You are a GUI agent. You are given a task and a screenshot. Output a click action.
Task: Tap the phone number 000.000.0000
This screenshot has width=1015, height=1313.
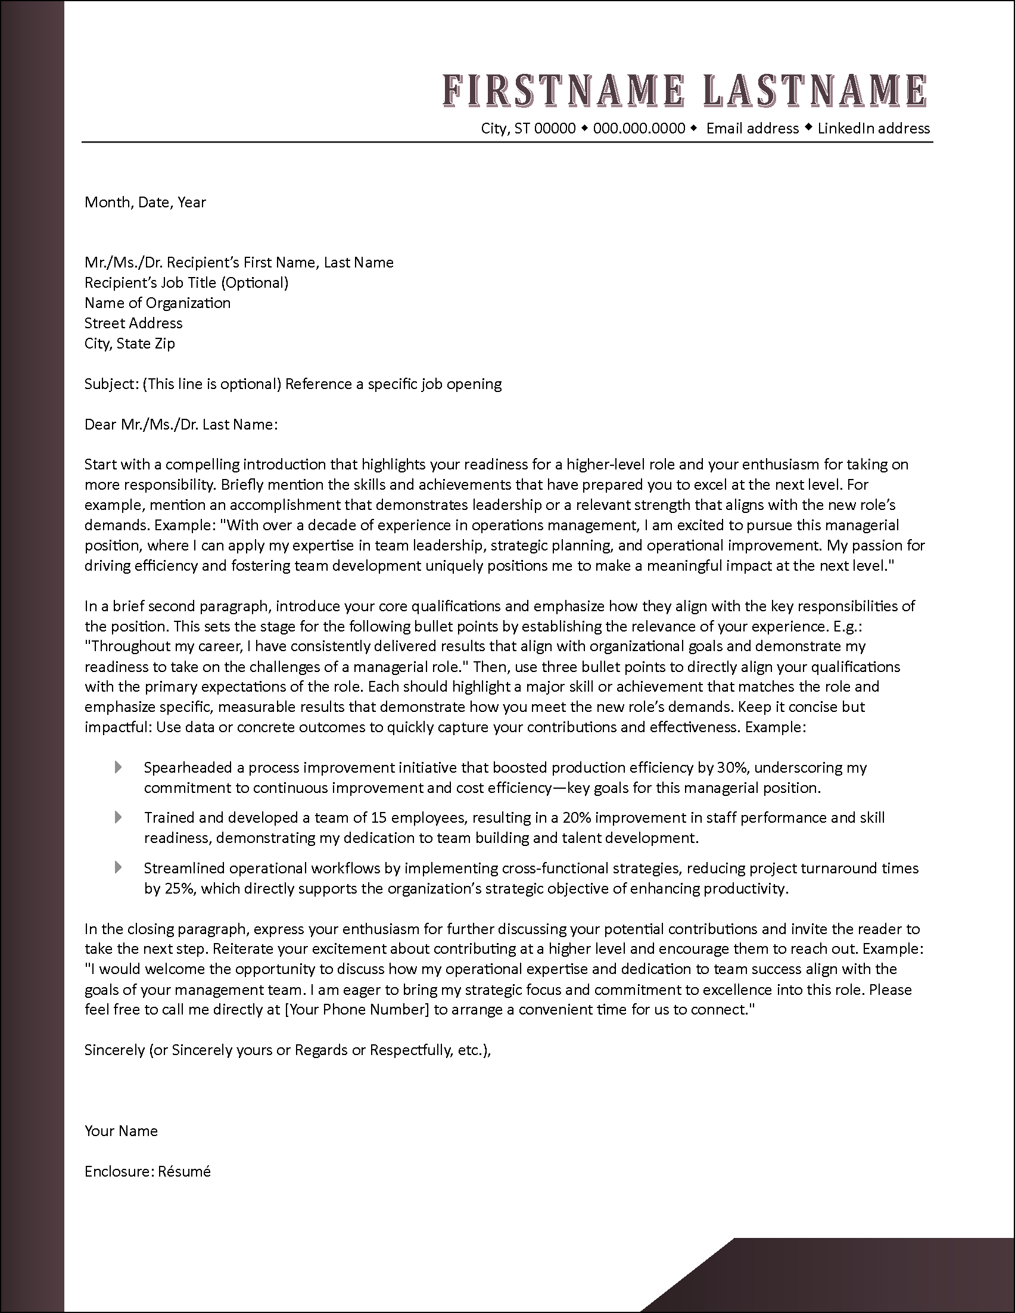(x=639, y=128)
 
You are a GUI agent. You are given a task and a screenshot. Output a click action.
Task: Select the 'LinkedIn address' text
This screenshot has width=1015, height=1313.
(x=873, y=128)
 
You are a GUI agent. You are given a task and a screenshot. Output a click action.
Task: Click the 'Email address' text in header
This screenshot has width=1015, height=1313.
(x=752, y=128)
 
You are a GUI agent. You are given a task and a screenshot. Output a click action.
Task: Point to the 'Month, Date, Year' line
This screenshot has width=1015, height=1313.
(x=145, y=202)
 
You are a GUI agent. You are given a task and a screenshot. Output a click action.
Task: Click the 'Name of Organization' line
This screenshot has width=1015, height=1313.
(x=157, y=303)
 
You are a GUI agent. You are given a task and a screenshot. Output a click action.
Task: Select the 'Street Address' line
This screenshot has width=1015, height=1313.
(x=133, y=323)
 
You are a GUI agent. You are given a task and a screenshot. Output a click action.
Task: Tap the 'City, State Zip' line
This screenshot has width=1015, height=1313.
(x=130, y=343)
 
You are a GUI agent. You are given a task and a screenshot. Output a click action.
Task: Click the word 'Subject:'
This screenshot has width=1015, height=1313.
(x=111, y=384)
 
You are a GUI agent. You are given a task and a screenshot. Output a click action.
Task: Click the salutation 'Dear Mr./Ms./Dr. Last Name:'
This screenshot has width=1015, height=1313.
(x=181, y=424)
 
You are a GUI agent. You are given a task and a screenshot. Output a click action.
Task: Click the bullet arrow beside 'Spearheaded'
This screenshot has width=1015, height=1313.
(x=119, y=767)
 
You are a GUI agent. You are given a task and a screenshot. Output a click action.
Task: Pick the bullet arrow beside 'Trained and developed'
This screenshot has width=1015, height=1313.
(x=119, y=817)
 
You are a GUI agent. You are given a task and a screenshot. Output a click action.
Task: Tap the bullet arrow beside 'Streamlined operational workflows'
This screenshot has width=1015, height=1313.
(x=119, y=867)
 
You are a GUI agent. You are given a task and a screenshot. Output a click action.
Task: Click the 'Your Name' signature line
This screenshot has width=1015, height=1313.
(x=122, y=1131)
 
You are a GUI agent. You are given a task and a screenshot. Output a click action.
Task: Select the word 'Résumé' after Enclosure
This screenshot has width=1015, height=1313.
(x=185, y=1171)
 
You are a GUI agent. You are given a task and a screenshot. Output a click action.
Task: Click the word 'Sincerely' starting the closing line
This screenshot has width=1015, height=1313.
(x=114, y=1050)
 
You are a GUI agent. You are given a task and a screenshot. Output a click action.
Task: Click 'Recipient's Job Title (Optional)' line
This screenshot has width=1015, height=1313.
(x=186, y=282)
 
